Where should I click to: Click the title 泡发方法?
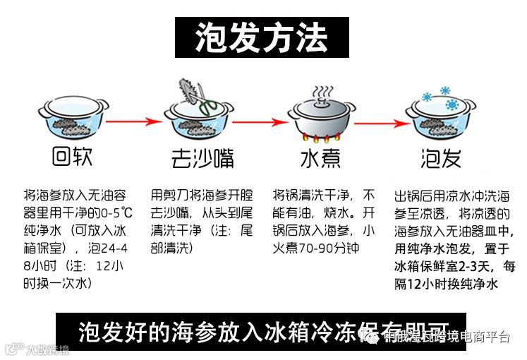click(262, 36)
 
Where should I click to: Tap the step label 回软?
click(72, 156)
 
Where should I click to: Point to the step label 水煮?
click(321, 157)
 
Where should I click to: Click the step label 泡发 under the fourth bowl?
click(441, 157)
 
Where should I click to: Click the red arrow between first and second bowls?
click(134, 122)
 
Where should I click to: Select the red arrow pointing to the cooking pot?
click(258, 122)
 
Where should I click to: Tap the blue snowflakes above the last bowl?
click(436, 95)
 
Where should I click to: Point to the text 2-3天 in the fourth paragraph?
click(466, 266)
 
